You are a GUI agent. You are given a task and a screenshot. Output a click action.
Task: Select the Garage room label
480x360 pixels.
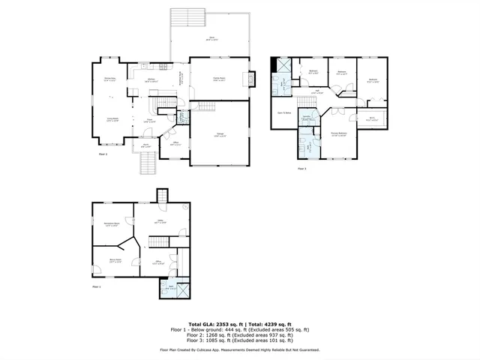pos(220,135)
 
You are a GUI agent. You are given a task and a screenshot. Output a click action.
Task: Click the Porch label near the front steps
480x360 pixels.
pos(145,145)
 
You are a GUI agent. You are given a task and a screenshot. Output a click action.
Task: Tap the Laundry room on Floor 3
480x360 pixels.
pos(307,118)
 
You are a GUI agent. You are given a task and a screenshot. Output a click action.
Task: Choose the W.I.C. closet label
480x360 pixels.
pos(371,118)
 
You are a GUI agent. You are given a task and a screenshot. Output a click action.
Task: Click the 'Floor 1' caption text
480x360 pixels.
pos(96,286)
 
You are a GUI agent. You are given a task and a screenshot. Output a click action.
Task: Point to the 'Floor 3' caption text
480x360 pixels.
pos(301,169)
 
